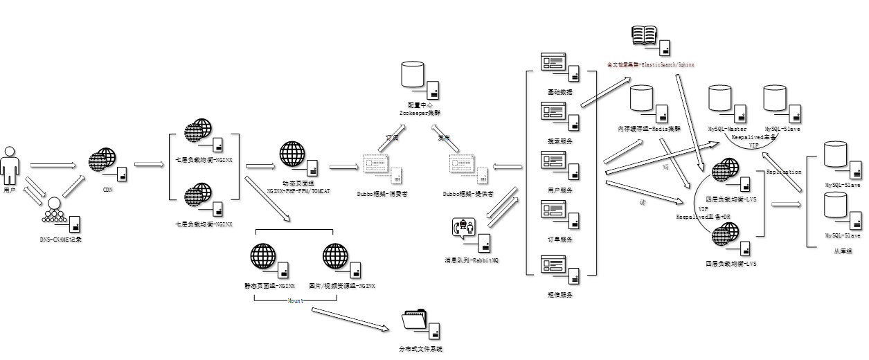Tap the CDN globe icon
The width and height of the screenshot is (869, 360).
[102, 161]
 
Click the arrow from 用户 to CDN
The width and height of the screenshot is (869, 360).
[53, 165]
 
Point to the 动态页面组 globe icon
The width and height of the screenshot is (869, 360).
[292, 154]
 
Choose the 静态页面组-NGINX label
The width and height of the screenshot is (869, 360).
[270, 285]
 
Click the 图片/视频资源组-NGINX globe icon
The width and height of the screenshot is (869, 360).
[336, 257]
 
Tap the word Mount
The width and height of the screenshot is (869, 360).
[294, 300]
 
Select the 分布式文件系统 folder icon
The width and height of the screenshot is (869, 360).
[415, 321]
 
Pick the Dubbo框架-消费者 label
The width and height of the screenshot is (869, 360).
[382, 194]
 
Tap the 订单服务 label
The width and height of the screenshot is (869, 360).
[560, 240]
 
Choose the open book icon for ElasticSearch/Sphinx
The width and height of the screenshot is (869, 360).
[645, 35]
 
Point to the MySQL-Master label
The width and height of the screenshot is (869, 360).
[727, 129]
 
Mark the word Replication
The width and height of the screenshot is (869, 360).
[784, 172]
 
